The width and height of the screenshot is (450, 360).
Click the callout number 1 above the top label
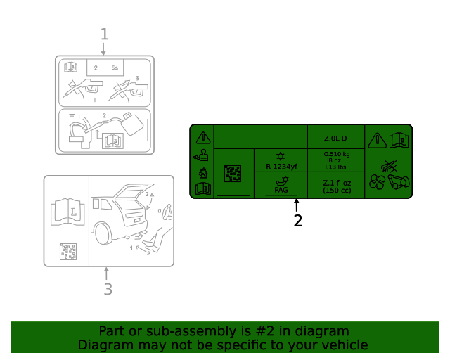click(x=104, y=34)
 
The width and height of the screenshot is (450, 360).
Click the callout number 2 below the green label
click(x=297, y=221)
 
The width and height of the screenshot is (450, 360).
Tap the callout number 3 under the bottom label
click(x=108, y=289)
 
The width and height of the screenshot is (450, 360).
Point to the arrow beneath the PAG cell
click(x=297, y=205)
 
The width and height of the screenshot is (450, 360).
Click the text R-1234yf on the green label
click(x=281, y=167)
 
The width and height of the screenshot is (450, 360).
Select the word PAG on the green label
click(x=281, y=190)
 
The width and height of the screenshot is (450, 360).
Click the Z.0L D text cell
click(x=336, y=138)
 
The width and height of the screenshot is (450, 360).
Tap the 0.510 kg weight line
click(x=336, y=154)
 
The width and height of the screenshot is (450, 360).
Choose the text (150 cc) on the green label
click(x=336, y=191)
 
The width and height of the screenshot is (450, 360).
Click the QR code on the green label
click(x=233, y=174)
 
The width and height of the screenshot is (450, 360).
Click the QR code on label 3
click(x=68, y=252)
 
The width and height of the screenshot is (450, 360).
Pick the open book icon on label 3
click(x=67, y=211)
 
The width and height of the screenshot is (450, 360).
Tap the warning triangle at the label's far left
click(x=202, y=137)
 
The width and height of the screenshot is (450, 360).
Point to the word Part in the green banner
click(x=112, y=331)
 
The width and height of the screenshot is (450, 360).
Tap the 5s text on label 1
click(x=115, y=67)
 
